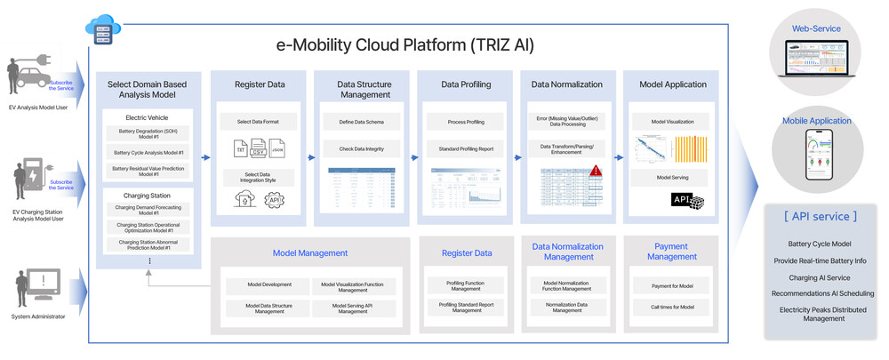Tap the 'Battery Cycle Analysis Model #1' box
[x=148, y=152]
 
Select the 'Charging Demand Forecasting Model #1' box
[x=148, y=210]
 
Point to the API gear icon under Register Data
[x=274, y=199]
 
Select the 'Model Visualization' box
[x=672, y=121]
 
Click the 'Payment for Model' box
[x=672, y=286]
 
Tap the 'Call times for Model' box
[x=672, y=307]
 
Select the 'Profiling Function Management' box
[x=467, y=286]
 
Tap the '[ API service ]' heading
[x=820, y=216]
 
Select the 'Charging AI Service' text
[x=819, y=277]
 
